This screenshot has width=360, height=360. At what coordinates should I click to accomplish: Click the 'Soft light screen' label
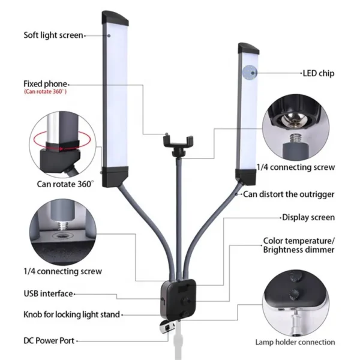pyautogui.click(x=53, y=35)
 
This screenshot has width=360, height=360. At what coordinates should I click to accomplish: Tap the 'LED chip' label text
pyautogui.click(x=318, y=74)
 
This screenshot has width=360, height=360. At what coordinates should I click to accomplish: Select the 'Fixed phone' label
pyautogui.click(x=46, y=83)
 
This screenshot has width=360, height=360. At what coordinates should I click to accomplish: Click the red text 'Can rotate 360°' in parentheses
pyautogui.click(x=46, y=92)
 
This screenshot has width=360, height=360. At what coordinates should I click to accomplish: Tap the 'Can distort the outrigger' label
pyautogui.click(x=289, y=194)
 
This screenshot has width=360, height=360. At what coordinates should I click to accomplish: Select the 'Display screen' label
pyautogui.click(x=308, y=217)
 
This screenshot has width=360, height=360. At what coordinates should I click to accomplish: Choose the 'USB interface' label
pyautogui.click(x=49, y=293)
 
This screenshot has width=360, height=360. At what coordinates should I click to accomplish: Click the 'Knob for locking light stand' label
pyautogui.click(x=71, y=314)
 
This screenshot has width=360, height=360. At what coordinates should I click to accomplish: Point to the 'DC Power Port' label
pyautogui.click(x=49, y=340)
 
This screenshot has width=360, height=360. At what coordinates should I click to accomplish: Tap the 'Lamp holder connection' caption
pyautogui.click(x=295, y=342)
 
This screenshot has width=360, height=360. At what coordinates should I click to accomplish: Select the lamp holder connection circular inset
pyautogui.click(x=294, y=302)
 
